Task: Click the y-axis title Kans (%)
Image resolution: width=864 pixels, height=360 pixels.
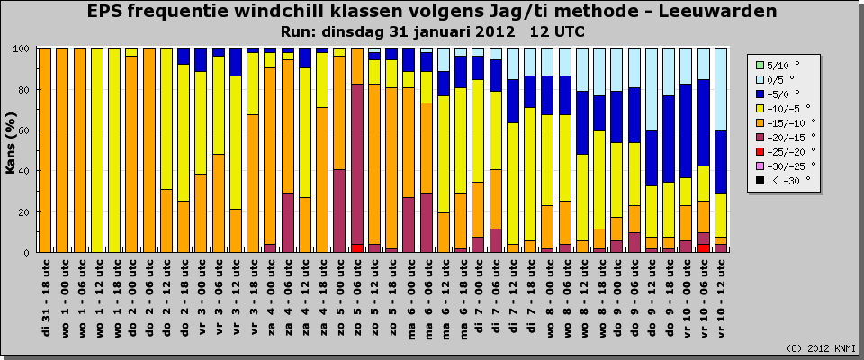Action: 12,150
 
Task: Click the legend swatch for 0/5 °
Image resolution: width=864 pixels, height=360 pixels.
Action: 760,78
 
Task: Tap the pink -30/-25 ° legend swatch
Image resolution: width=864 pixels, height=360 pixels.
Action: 760,165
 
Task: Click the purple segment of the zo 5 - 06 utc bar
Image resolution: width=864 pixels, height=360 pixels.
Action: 357,162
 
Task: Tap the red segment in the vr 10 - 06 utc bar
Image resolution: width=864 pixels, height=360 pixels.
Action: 704,247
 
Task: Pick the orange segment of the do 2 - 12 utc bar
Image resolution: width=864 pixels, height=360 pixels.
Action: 166,220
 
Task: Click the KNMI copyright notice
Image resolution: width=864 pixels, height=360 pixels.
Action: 821,348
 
